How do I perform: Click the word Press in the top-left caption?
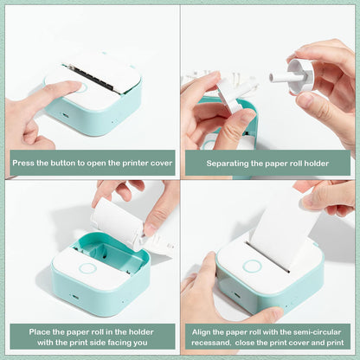click(22, 163)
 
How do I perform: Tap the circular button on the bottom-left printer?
click(87, 267)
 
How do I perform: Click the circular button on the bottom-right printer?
click(252, 266)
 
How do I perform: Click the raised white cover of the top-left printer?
click(104, 68)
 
